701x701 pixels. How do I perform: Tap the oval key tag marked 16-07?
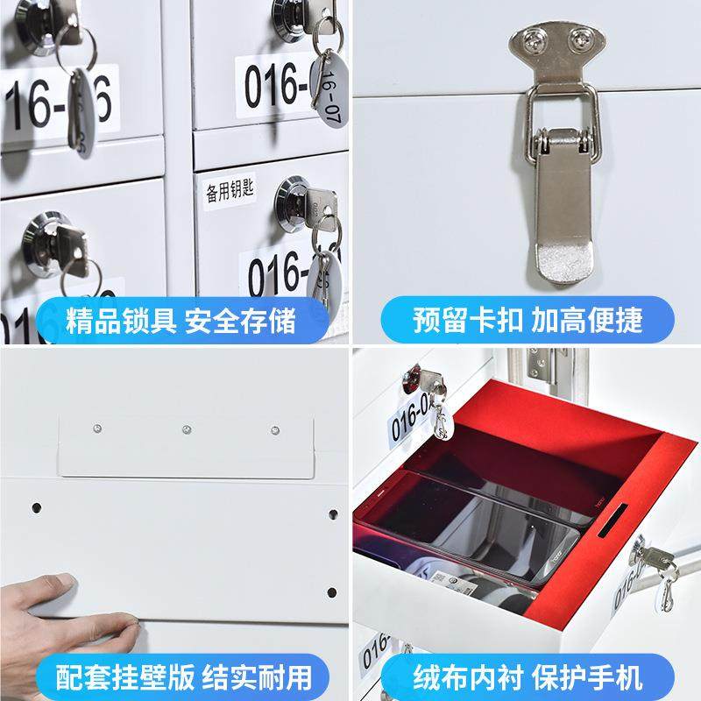330,92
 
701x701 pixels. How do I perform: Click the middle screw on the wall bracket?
187,430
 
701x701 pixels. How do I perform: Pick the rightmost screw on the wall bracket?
274,431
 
